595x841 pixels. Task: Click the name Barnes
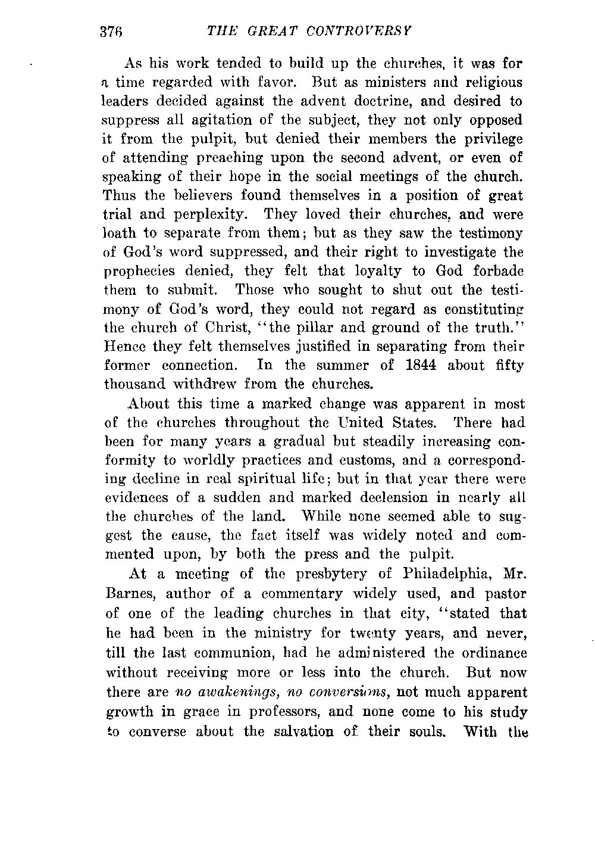click(x=129, y=594)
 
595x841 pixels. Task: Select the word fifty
click(x=509, y=365)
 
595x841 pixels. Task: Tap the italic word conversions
click(x=336, y=692)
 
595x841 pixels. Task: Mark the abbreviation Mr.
click(x=512, y=574)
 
